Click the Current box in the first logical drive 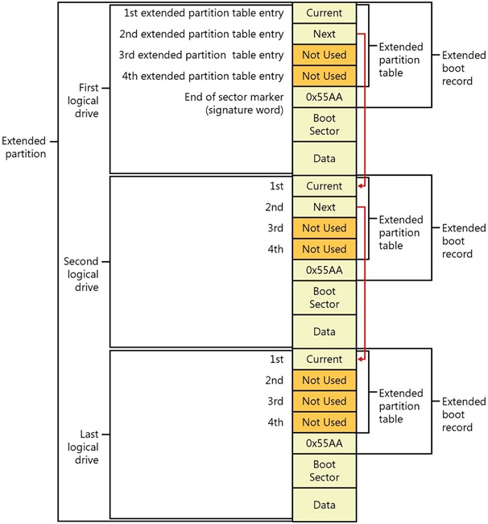pyautogui.click(x=324, y=13)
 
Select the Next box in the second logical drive pyautogui.click(x=324, y=207)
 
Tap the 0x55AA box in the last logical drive pyautogui.click(x=324, y=443)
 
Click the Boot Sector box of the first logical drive pyautogui.click(x=324, y=125)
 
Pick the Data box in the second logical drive pyautogui.click(x=324, y=331)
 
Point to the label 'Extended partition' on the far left pyautogui.click(x=24, y=148)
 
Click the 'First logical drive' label pyautogui.click(x=84, y=101)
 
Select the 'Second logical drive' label pyautogui.click(x=81, y=274)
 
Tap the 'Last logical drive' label pyautogui.click(x=84, y=447)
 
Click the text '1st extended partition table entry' pyautogui.click(x=204, y=13)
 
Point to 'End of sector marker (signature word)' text pyautogui.click(x=234, y=103)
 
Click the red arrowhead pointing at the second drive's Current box pyautogui.click(x=360, y=185)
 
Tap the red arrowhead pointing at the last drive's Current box pyautogui.click(x=360, y=359)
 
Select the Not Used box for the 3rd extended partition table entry pyautogui.click(x=324, y=55)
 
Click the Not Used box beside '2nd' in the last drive pyautogui.click(x=324, y=381)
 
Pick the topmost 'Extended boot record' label pyautogui.click(x=464, y=69)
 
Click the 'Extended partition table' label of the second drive pyautogui.click(x=401, y=233)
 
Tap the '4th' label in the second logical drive pyautogui.click(x=275, y=249)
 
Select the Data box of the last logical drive pyautogui.click(x=324, y=505)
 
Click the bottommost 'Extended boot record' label pyautogui.click(x=464, y=414)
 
